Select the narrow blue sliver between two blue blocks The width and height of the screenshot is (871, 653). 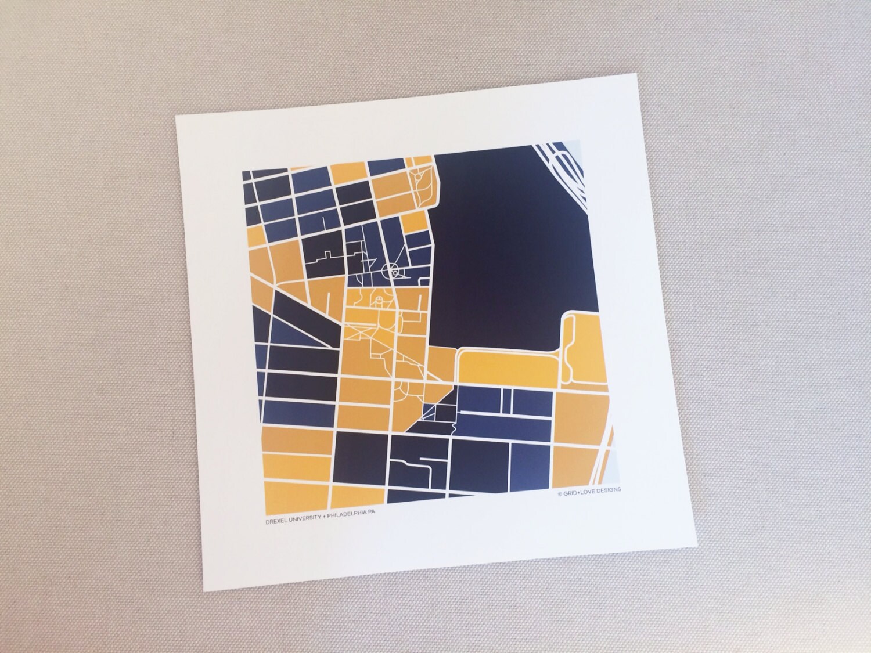(507, 401)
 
